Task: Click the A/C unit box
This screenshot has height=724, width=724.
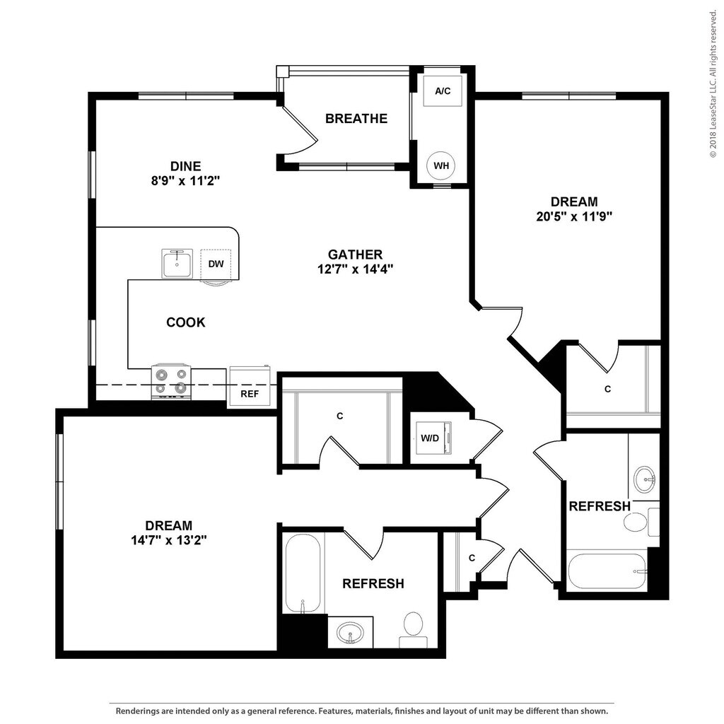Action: [x=443, y=90]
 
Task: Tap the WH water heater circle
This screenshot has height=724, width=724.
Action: [x=441, y=165]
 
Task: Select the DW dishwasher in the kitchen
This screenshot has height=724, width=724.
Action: [x=216, y=264]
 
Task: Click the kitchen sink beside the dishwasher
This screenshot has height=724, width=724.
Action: [x=177, y=264]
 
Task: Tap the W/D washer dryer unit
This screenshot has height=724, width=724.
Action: [x=431, y=438]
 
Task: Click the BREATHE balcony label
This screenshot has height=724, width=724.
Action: [x=356, y=118]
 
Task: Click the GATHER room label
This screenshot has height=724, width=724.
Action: [x=355, y=254]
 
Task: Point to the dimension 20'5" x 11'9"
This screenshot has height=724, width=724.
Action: [x=574, y=216]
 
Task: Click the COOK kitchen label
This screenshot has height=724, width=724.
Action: [x=186, y=322]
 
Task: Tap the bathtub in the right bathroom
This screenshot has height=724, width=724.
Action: [x=607, y=571]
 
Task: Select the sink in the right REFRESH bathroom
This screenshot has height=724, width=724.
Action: [x=644, y=479]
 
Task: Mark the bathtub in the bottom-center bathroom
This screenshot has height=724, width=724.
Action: [x=303, y=573]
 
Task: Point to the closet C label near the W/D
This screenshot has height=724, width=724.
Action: [x=339, y=416]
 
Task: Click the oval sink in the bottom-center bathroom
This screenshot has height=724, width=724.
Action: [x=350, y=631]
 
